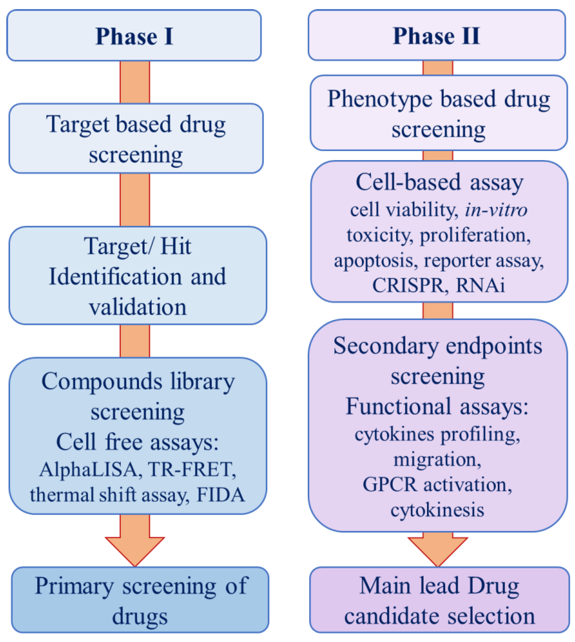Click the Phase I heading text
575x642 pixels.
134,36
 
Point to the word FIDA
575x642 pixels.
220,495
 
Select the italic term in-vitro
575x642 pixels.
496,210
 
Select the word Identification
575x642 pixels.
115,277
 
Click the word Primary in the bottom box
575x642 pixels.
74,586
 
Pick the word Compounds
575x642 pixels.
102,381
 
